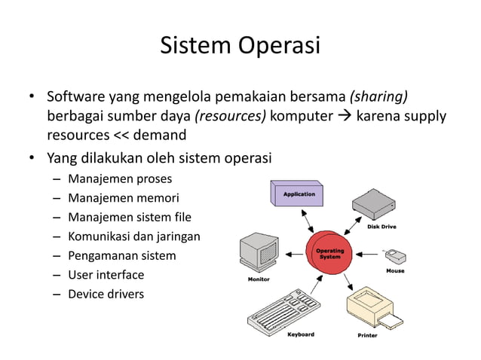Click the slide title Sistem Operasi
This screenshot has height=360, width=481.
(240, 45)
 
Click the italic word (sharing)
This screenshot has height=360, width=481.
(378, 97)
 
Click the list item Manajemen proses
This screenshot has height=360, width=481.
(120, 179)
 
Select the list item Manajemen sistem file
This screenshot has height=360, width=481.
(130, 218)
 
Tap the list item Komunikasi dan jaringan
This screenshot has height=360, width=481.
(134, 236)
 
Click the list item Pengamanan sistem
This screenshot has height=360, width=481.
(122, 255)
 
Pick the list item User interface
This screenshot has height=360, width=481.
(106, 275)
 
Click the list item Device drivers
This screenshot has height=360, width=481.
(106, 294)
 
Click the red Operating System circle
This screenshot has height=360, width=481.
(329, 254)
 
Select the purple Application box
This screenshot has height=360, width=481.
(299, 194)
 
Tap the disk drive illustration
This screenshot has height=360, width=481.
(372, 204)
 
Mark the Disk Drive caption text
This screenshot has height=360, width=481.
(381, 226)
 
